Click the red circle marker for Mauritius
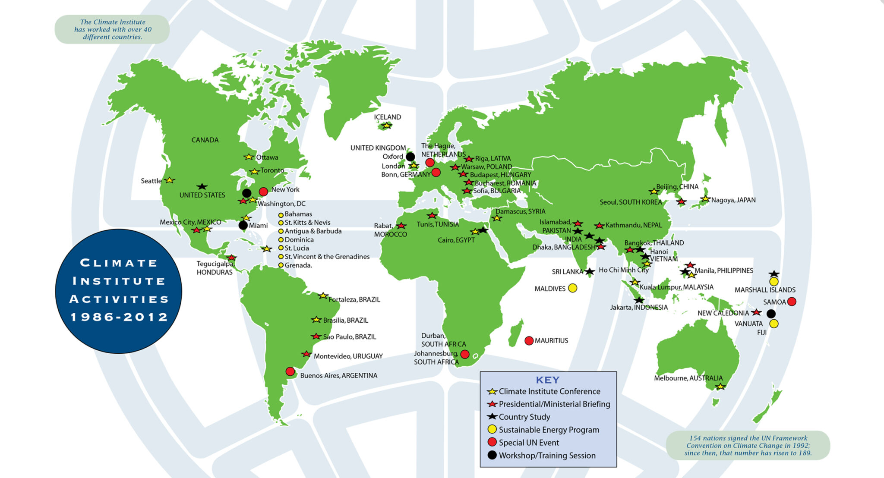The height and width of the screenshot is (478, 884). pyautogui.click(x=529, y=341)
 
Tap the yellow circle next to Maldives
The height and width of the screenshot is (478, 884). pyautogui.click(x=572, y=288)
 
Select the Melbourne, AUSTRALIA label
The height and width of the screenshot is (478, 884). pyautogui.click(x=688, y=378)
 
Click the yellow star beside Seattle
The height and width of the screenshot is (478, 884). pyautogui.click(x=170, y=180)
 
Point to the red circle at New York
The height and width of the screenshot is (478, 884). pyautogui.click(x=263, y=192)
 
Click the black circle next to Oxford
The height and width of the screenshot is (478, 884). pyautogui.click(x=410, y=157)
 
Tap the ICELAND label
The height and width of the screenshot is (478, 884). pyautogui.click(x=387, y=117)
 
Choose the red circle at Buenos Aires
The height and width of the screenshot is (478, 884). pyautogui.click(x=290, y=371)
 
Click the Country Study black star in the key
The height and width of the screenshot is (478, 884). pyautogui.click(x=492, y=417)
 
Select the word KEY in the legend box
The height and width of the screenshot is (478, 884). pyautogui.click(x=547, y=380)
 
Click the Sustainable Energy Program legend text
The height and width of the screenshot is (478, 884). pyautogui.click(x=549, y=430)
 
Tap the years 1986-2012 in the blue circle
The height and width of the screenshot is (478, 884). pyautogui.click(x=119, y=317)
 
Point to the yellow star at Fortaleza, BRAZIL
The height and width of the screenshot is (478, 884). pyautogui.click(x=323, y=296)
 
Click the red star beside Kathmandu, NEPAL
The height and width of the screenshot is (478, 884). pyautogui.click(x=599, y=226)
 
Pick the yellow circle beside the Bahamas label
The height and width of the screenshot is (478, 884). pyautogui.click(x=281, y=215)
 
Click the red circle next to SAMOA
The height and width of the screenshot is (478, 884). pyautogui.click(x=792, y=302)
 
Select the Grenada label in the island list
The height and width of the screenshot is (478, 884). pyautogui.click(x=298, y=265)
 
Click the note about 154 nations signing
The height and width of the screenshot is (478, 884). pyautogui.click(x=748, y=445)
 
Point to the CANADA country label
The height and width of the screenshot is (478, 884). pyautogui.click(x=205, y=140)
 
